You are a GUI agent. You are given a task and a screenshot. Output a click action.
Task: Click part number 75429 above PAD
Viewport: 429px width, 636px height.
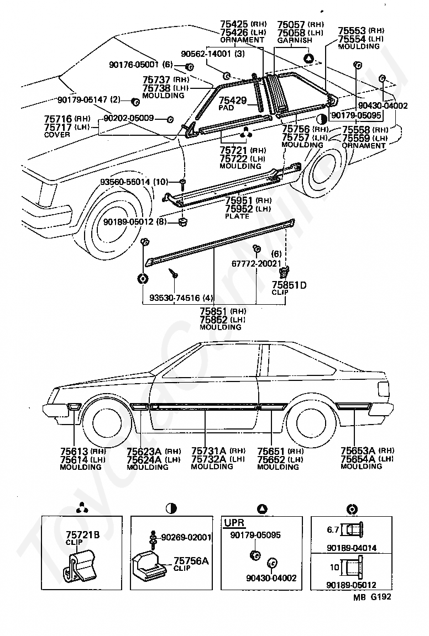[233, 100]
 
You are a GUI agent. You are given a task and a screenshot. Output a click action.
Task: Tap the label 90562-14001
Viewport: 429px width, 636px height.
[206, 54]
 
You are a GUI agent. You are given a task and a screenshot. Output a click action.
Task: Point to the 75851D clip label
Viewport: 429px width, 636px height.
[289, 285]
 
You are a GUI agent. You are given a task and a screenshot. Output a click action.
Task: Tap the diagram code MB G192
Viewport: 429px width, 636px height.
[372, 597]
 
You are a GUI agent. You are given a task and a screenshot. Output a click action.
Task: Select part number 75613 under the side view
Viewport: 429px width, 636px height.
[74, 451]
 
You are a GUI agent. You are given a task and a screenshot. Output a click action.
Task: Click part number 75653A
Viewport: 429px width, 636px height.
[358, 451]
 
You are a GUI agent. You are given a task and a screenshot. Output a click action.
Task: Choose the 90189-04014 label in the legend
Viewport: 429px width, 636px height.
[352, 548]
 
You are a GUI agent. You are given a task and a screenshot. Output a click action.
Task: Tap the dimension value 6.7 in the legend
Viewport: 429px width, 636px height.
[333, 529]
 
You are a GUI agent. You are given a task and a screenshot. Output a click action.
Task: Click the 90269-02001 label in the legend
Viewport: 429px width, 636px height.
[186, 537]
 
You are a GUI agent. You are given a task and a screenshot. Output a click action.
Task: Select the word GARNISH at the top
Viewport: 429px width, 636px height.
[295, 40]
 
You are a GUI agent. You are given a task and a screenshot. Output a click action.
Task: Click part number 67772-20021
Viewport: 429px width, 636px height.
[257, 263]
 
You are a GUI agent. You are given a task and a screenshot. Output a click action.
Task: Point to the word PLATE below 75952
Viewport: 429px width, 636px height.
[237, 216]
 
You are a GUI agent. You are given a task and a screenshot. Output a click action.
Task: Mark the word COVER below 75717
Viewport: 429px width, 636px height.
[57, 135]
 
